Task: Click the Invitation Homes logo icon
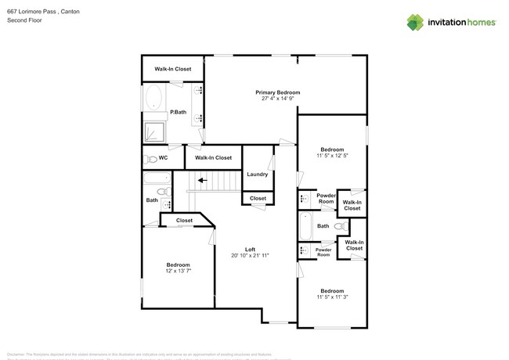[x=415, y=22]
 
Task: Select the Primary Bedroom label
[x=277, y=92]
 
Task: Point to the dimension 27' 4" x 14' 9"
[x=277, y=99]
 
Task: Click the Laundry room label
[x=258, y=174]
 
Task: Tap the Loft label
[x=250, y=249]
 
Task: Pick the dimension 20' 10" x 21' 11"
[x=250, y=256]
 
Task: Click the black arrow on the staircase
[x=202, y=180]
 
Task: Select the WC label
[x=163, y=158]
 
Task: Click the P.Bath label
[x=178, y=112]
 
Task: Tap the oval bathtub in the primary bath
[x=153, y=99]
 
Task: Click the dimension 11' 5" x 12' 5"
[x=332, y=156]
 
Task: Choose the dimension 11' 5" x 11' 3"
[x=332, y=297]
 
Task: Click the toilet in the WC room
[x=150, y=159]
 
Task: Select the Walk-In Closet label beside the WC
[x=213, y=158]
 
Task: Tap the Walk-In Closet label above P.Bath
[x=172, y=69]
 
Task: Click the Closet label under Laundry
[x=258, y=199]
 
